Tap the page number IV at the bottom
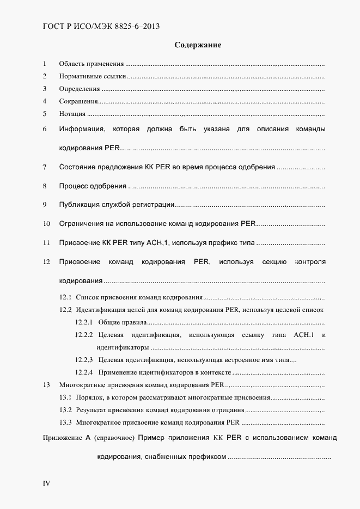point(46,483)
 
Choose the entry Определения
point(80,89)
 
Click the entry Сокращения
point(78,101)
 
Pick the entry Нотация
point(72,114)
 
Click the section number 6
point(45,130)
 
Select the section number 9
point(45,205)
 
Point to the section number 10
point(46,224)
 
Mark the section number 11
point(46,242)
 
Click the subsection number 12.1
point(65,298)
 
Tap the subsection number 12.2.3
point(84,360)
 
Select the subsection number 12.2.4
point(84,373)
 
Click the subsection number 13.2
point(65,410)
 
